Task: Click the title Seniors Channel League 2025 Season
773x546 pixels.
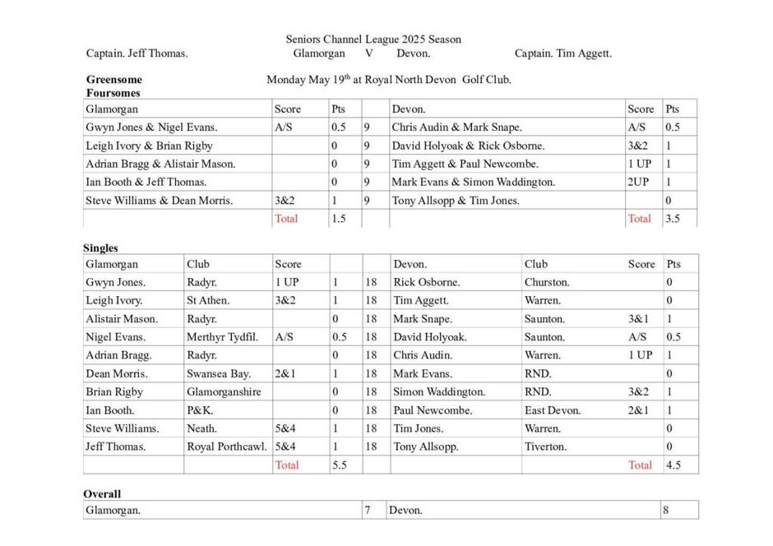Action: point(373,39)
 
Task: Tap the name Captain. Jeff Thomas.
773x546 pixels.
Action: point(137,54)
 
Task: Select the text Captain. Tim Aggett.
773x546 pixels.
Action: point(563,54)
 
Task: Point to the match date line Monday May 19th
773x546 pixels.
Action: point(389,80)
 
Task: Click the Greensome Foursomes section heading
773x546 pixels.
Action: point(114,86)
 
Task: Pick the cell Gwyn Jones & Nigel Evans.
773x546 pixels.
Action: point(151,127)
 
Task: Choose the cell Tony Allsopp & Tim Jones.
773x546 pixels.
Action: point(456,201)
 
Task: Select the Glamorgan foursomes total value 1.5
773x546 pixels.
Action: point(338,219)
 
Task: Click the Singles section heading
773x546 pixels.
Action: point(100,248)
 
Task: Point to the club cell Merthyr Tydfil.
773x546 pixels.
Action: point(222,337)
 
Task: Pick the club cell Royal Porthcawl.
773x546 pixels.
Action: point(227,447)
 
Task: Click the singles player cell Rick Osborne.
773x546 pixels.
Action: point(426,283)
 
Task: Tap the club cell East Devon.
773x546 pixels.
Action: point(553,410)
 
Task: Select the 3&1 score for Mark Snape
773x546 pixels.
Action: point(638,319)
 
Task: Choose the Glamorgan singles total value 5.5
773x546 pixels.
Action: point(338,465)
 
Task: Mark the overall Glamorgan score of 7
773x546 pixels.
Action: point(367,511)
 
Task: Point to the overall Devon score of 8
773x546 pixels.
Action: point(666,511)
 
